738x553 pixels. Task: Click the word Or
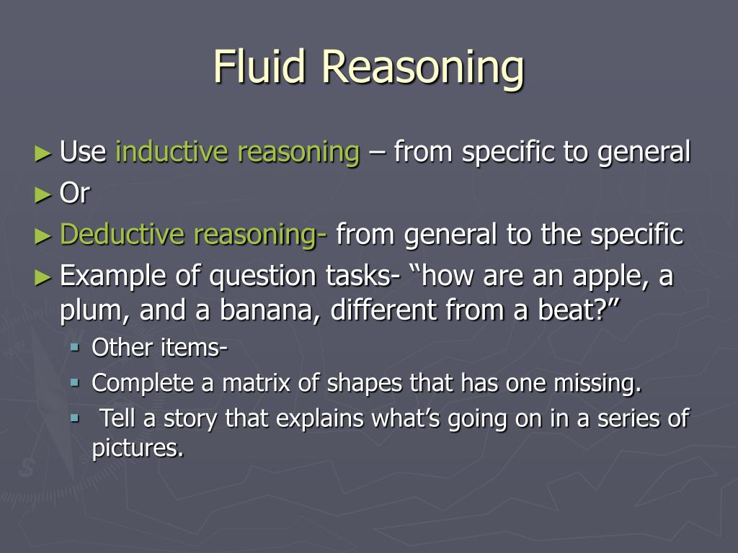[74, 194]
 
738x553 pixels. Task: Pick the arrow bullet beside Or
[43, 194]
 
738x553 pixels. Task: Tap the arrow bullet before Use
[43, 153]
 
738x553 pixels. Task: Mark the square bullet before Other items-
[75, 347]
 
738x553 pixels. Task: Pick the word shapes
[364, 384]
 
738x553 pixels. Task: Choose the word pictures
[136, 448]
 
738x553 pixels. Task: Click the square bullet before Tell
[75, 417]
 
